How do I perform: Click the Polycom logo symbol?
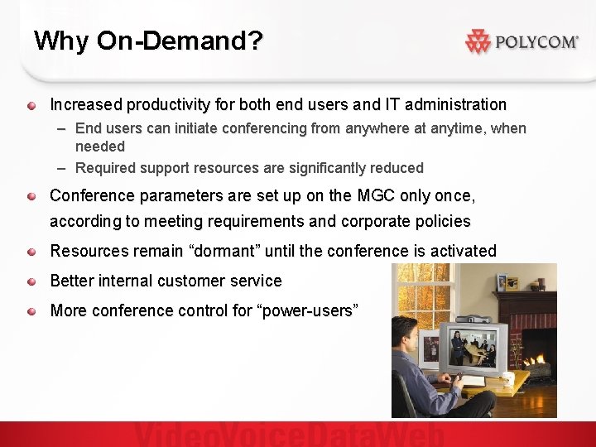tap(478, 41)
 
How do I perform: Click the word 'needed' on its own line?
tap(99, 147)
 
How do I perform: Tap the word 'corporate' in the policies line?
tap(362, 222)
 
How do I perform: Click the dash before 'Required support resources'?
tap(62, 168)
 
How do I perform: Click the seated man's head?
tap(406, 334)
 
